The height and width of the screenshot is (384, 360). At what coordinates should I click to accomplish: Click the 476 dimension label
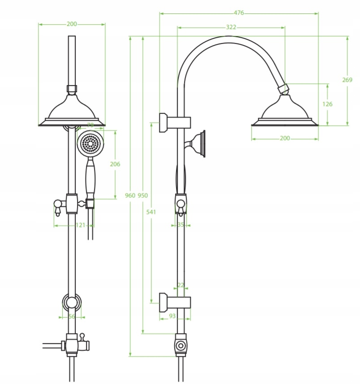(x=239, y=13)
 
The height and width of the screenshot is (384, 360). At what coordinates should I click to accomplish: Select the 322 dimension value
(x=231, y=27)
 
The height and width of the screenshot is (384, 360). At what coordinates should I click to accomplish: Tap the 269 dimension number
(x=347, y=80)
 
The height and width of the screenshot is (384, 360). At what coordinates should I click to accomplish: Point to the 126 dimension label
(x=327, y=104)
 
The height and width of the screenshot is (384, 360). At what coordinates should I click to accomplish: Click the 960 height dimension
(x=130, y=196)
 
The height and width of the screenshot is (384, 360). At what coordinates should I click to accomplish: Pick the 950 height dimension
(x=143, y=196)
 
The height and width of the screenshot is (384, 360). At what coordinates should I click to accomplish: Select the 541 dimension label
(x=151, y=212)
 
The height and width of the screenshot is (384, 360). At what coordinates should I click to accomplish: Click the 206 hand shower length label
(x=115, y=164)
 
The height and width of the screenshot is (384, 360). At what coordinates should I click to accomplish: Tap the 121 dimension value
(x=80, y=225)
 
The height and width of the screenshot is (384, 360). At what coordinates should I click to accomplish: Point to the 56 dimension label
(x=72, y=317)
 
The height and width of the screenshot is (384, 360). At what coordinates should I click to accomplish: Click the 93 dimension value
(x=172, y=316)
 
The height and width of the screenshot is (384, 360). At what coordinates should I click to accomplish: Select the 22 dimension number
(x=181, y=285)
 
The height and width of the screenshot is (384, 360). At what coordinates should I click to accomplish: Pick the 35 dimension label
(x=181, y=225)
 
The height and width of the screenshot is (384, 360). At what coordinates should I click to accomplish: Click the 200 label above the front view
(x=72, y=24)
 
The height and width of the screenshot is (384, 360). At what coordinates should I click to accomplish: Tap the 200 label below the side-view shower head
(x=285, y=138)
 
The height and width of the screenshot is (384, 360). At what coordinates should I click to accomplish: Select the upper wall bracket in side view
(x=175, y=122)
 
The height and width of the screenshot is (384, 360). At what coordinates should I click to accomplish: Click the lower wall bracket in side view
(x=175, y=302)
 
